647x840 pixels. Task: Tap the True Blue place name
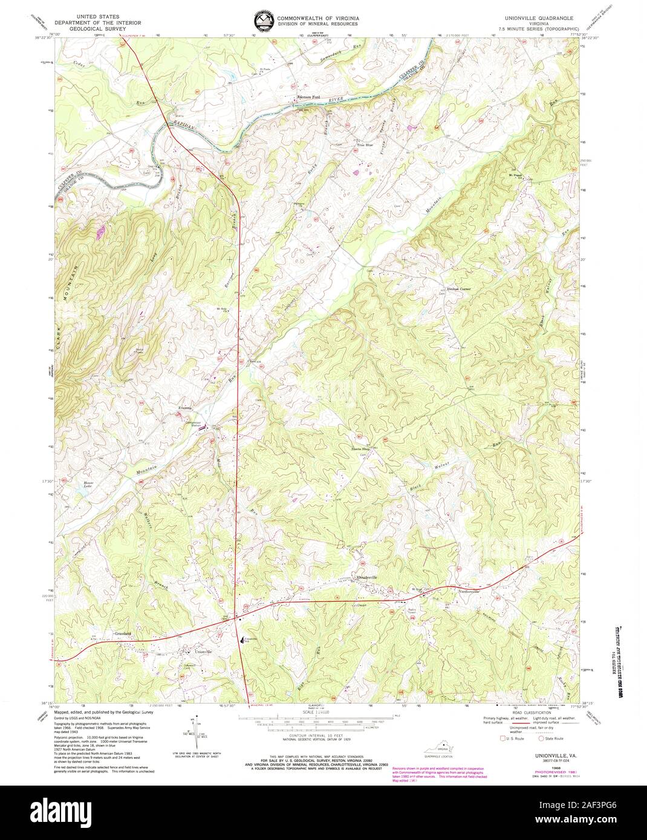pos(365,146)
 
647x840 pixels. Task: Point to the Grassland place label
pos(122,633)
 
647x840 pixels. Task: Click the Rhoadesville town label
pos(368,578)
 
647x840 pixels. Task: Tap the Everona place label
pos(184,410)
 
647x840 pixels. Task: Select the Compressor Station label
pos(192,424)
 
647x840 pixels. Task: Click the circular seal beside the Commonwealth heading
pos(263,21)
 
